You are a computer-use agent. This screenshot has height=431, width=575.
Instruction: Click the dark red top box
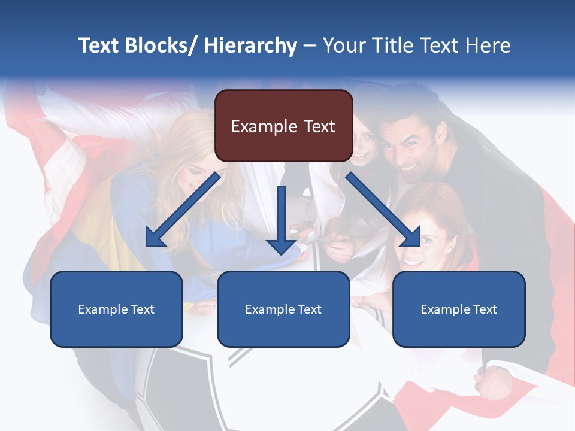click(x=283, y=126)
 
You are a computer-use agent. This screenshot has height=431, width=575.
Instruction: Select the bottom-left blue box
click(x=116, y=309)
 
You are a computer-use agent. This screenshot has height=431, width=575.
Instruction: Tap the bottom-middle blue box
click(x=283, y=309)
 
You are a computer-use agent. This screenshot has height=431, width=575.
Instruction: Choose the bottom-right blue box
click(x=459, y=309)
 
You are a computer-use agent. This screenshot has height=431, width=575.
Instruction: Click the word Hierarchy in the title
click(x=250, y=45)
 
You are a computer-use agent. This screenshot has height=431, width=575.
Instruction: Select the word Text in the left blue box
click(x=141, y=309)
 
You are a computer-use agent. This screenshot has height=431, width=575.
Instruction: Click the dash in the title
click(x=310, y=46)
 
